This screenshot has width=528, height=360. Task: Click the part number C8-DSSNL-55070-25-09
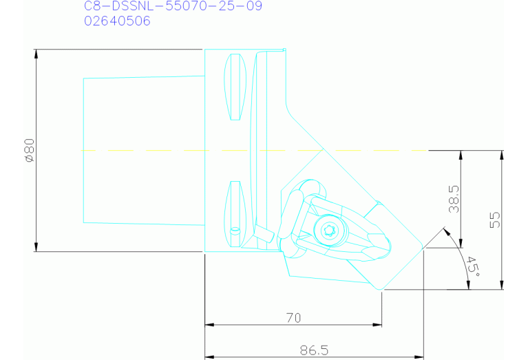coord(173,6)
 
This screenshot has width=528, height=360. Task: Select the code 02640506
coord(117,21)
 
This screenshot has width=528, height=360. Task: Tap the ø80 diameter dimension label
coord(30,150)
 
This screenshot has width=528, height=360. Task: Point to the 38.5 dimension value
coord(454,199)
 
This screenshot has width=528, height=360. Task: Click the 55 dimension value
coord(495,220)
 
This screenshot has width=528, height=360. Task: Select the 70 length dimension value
coord(294,317)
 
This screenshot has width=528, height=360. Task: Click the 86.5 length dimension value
coord(314,350)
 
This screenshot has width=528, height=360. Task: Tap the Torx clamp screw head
coord(329,231)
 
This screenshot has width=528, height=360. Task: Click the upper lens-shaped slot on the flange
coord(235,87)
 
